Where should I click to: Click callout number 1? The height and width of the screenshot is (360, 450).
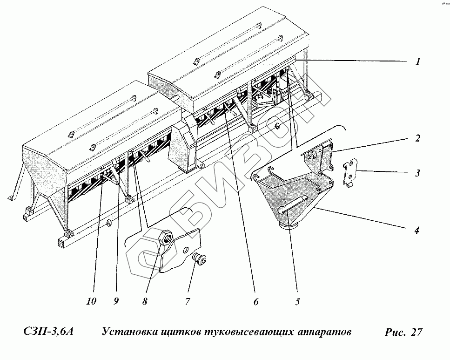pos(418,61)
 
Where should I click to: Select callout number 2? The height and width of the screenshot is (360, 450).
pos(418,138)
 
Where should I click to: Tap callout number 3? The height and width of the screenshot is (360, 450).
pos(418,173)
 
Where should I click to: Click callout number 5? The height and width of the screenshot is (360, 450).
pos(297,301)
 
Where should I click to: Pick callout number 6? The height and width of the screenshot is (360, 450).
pos(255,301)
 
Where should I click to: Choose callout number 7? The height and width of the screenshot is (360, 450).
pos(187,301)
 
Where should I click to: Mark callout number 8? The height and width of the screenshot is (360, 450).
pos(145,301)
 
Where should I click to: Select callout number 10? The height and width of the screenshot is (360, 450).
pos(91,301)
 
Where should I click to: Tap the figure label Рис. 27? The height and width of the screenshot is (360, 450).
pos(403,332)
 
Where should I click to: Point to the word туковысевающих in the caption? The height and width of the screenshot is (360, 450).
pos(242,332)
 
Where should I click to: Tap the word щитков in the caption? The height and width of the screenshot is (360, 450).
pos(176,332)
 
